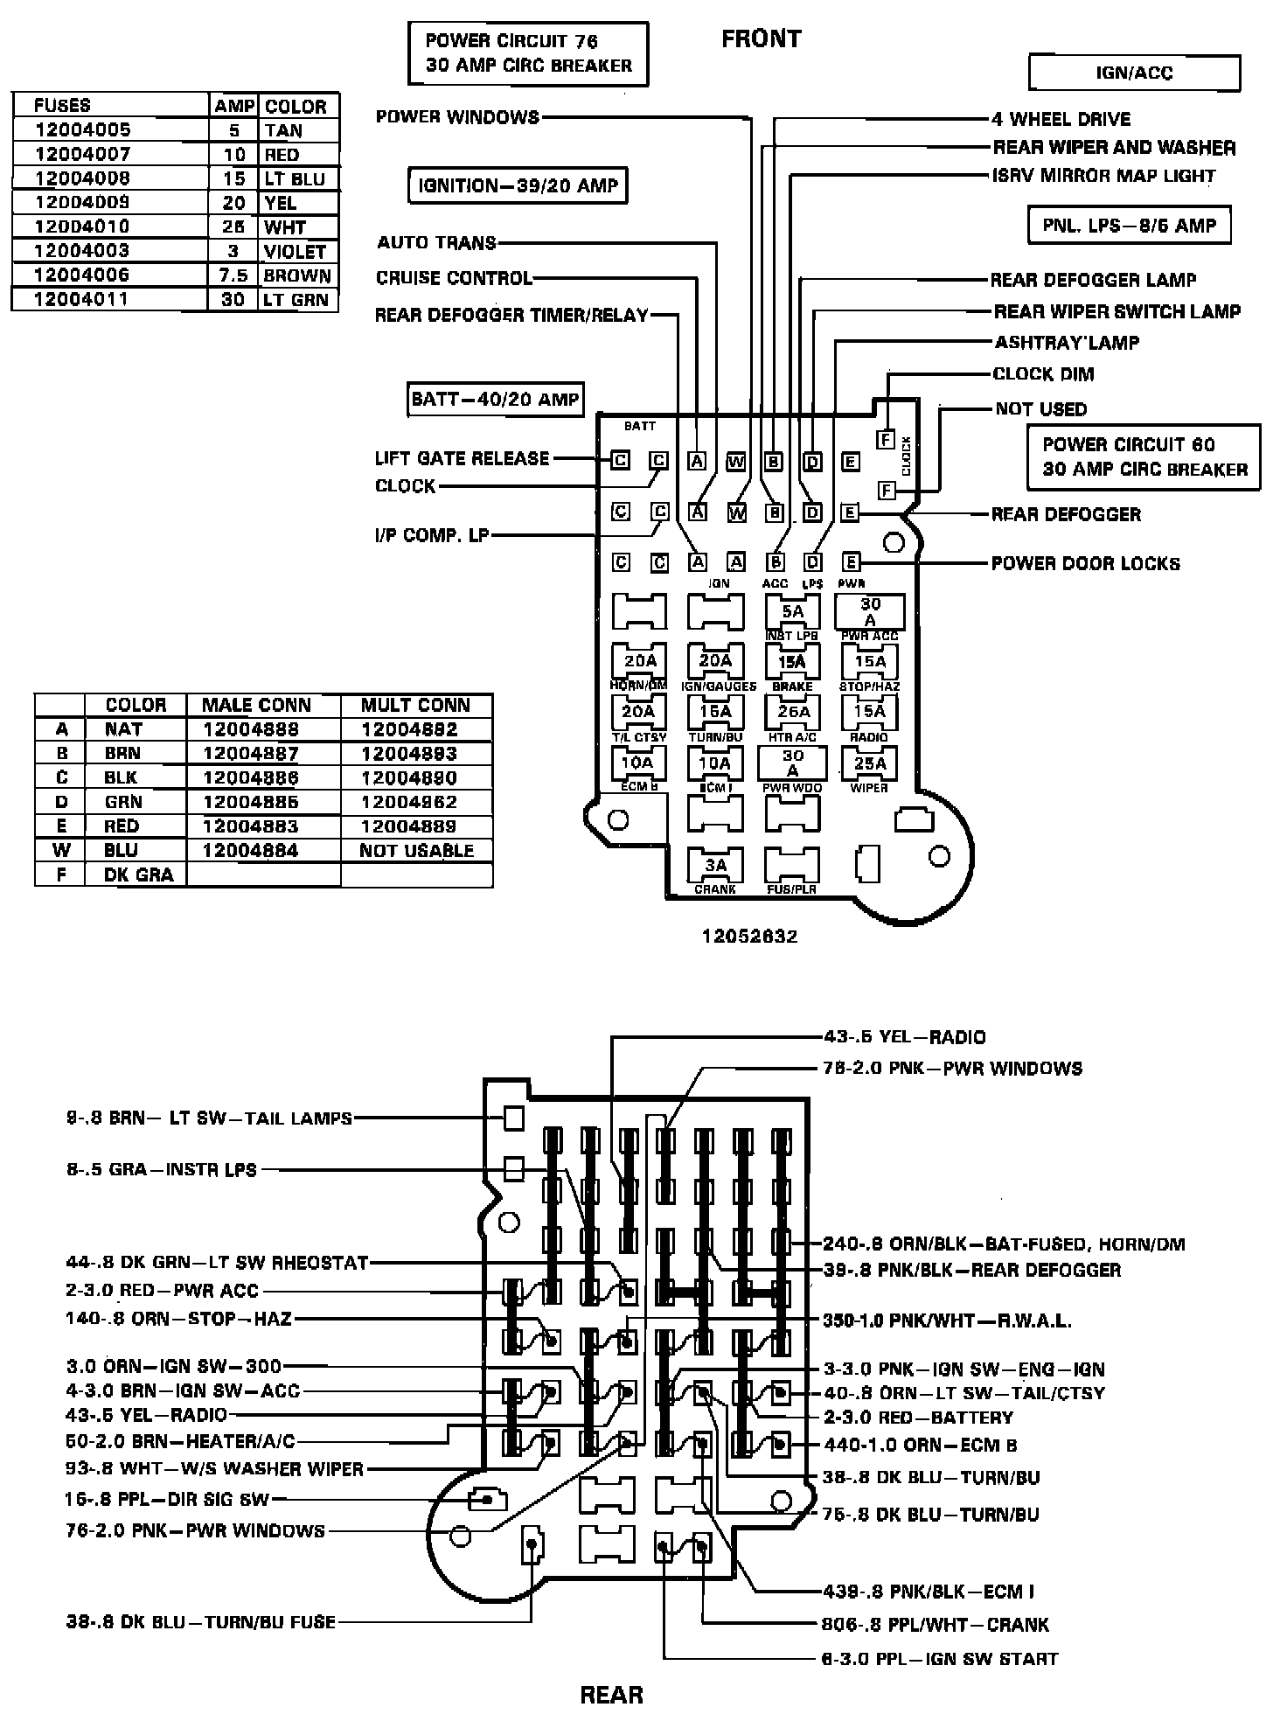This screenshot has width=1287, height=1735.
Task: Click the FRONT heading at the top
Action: click(761, 39)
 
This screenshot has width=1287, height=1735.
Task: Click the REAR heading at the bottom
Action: click(611, 1695)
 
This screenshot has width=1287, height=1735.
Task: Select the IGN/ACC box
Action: click(1134, 73)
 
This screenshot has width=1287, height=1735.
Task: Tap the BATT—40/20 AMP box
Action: click(495, 400)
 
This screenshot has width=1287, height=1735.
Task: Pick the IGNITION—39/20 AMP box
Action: click(518, 185)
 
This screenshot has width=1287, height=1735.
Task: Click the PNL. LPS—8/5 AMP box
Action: click(1129, 226)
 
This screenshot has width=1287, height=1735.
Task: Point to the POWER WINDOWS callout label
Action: click(457, 117)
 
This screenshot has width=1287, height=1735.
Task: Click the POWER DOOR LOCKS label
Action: click(1085, 563)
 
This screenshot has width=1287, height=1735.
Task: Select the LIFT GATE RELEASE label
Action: click(462, 458)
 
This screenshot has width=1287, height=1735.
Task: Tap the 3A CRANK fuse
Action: click(715, 867)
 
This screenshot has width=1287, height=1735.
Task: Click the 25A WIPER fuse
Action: click(870, 764)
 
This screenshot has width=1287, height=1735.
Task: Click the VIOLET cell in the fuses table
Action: click(295, 252)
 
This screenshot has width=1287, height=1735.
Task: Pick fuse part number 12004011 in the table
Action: click(82, 300)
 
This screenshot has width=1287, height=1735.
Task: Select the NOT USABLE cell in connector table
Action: click(416, 851)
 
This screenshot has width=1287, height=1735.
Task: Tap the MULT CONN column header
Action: click(415, 706)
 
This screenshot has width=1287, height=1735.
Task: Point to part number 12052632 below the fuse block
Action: click(749, 937)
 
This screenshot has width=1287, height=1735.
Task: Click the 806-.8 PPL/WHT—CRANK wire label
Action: click(935, 1625)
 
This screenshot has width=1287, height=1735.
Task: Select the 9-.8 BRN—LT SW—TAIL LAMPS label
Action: click(209, 1118)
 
